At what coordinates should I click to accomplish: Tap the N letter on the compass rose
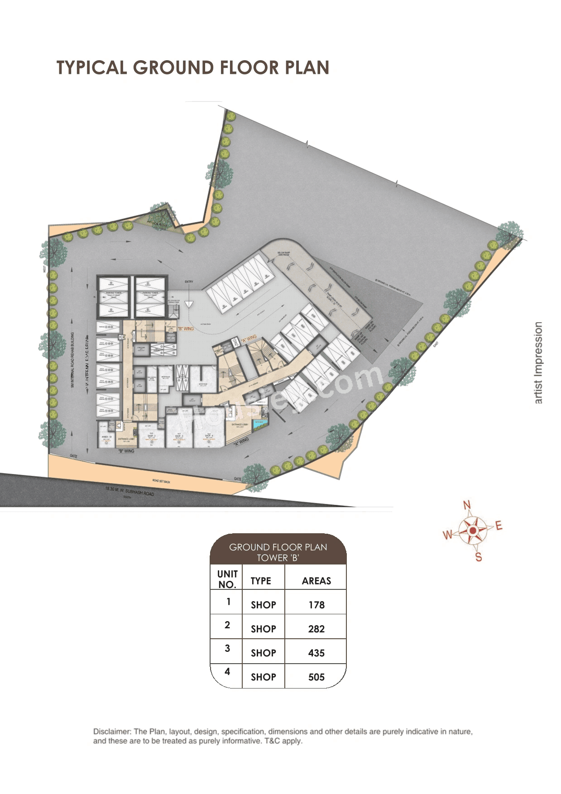[467, 505]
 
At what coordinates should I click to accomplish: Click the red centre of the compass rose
[473, 530]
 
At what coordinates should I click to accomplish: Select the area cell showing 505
[316, 677]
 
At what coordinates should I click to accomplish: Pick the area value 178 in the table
[316, 605]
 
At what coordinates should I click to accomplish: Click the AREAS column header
[316, 581]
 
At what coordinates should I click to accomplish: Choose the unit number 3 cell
[227, 648]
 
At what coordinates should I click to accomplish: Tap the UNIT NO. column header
[227, 579]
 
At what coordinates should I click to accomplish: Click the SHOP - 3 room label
[179, 436]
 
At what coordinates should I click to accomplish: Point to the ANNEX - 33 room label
[107, 437]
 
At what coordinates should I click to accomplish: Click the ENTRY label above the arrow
[189, 282]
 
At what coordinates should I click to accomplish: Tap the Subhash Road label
[129, 491]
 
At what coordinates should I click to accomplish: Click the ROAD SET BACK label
[162, 481]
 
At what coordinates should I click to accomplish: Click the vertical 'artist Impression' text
[538, 363]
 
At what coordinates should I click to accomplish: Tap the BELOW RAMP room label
[283, 254]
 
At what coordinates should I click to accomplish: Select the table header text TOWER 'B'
[278, 558]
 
